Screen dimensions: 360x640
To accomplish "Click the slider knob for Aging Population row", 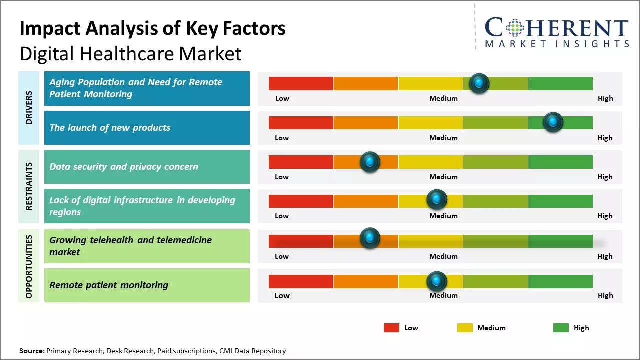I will [x=479, y=83].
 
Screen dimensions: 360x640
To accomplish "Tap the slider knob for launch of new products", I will [x=553, y=122].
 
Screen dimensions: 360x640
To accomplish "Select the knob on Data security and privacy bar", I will [x=370, y=162].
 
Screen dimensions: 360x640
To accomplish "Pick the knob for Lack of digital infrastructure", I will [x=437, y=200].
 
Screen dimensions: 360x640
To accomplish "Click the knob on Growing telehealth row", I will [x=370, y=238].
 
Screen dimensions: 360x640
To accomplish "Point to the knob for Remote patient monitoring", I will [x=437, y=281].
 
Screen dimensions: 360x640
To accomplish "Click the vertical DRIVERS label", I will [x=29, y=108].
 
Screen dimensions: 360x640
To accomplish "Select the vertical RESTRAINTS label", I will [x=29, y=186].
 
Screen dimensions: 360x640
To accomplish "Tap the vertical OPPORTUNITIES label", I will [x=29, y=266].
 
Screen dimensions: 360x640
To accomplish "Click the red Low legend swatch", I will [x=391, y=328].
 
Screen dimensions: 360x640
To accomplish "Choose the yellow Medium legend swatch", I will [x=465, y=328].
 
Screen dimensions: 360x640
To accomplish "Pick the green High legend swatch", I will [x=561, y=328].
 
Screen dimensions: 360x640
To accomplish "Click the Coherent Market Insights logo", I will [x=557, y=32].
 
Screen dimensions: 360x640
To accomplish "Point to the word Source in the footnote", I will [x=31, y=351].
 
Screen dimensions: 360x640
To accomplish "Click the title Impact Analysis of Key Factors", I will [x=152, y=28].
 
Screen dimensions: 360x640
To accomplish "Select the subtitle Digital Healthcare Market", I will [x=130, y=53].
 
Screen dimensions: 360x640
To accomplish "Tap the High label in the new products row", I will [x=605, y=138].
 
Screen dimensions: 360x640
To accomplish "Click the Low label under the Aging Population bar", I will [x=282, y=98].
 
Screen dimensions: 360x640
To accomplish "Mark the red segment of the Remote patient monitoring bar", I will [x=301, y=281].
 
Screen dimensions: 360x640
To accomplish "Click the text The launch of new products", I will [x=110, y=128].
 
